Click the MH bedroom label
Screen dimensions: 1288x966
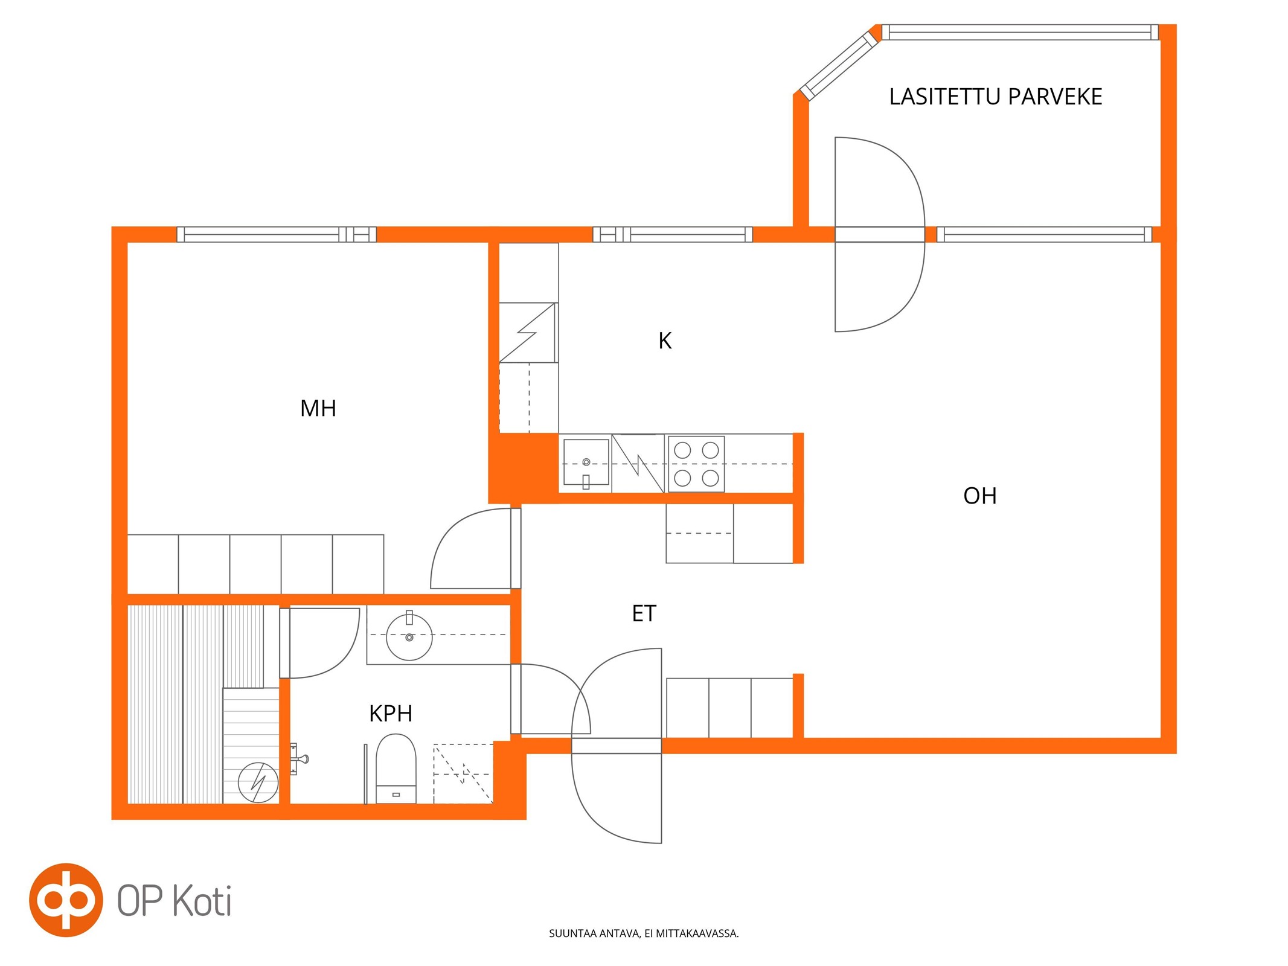[318, 409]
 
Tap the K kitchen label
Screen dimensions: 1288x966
[665, 341]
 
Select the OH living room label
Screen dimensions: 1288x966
[979, 496]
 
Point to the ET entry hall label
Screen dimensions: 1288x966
[644, 614]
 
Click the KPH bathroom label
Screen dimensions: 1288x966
[391, 714]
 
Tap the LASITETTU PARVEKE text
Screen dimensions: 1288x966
[996, 97]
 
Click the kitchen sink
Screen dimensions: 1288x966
[586, 463]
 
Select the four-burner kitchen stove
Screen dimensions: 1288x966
[696, 464]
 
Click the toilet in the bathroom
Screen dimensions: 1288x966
[396, 769]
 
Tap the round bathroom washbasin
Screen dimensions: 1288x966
[409, 637]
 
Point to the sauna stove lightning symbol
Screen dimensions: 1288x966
[258, 782]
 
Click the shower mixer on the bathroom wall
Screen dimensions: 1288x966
[298, 759]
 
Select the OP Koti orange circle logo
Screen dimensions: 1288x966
[66, 900]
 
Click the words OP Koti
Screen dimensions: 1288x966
[174, 901]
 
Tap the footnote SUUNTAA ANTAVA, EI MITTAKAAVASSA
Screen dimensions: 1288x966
[644, 933]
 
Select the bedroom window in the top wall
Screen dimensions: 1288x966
[277, 234]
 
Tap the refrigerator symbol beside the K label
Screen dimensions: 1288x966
[528, 333]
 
